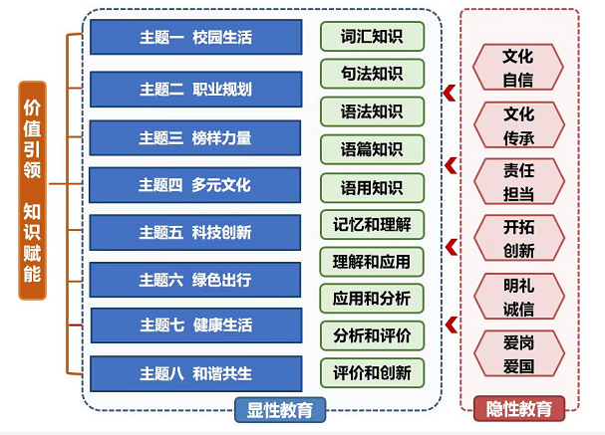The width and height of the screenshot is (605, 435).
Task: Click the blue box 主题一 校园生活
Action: click(x=195, y=38)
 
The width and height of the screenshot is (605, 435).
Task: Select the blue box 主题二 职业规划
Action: click(x=195, y=89)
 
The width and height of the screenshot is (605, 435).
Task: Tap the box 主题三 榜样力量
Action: click(x=195, y=137)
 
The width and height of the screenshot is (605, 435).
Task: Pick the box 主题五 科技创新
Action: click(x=195, y=232)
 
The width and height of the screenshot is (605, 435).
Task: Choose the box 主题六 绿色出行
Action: click(x=195, y=279)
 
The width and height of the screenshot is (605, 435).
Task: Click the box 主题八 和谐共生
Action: click(x=195, y=373)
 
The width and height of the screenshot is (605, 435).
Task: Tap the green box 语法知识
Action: click(x=372, y=110)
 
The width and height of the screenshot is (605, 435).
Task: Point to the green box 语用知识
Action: click(x=372, y=187)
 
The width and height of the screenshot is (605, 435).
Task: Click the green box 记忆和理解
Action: click(x=372, y=224)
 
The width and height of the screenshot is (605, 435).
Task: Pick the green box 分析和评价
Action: click(x=372, y=334)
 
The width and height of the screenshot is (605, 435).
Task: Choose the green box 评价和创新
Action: click(x=372, y=372)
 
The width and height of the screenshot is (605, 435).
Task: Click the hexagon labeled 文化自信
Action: click(x=518, y=67)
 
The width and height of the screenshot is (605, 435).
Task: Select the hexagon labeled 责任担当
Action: click(x=518, y=182)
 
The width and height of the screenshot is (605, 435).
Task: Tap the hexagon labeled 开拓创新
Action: click(x=518, y=239)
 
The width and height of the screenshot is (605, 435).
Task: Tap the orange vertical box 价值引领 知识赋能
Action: click(x=32, y=190)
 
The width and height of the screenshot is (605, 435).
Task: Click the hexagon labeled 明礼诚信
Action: click(x=518, y=296)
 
